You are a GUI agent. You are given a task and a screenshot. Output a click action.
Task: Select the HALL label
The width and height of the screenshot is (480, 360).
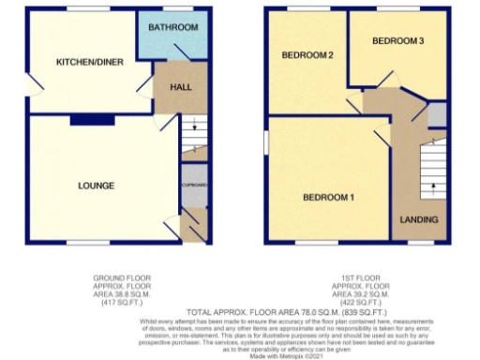(181, 86)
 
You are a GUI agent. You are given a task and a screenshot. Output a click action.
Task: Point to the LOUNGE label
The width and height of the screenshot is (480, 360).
(97, 186)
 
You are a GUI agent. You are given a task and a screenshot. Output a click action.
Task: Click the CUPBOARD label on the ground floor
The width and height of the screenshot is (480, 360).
(194, 185)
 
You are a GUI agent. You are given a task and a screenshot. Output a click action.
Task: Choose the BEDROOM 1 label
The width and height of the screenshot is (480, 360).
(327, 198)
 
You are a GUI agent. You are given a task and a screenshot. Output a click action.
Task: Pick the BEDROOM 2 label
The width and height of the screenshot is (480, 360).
(307, 55)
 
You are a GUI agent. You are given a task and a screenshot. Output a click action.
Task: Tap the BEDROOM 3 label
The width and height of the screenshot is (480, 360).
(397, 41)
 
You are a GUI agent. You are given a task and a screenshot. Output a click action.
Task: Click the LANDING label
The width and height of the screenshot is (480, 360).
(418, 219)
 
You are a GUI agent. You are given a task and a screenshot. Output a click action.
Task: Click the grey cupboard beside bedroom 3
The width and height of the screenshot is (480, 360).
(437, 115)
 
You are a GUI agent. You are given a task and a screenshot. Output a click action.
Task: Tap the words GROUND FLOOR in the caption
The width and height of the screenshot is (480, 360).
(121, 279)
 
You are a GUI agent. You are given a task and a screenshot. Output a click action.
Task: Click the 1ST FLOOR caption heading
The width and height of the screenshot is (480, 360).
(359, 279)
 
